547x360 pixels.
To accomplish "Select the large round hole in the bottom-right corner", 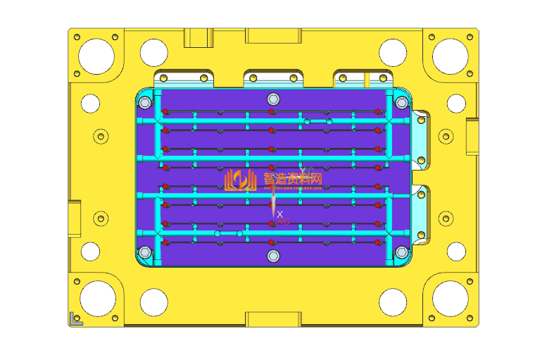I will (450, 299).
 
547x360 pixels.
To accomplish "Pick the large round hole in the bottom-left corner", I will (96, 299).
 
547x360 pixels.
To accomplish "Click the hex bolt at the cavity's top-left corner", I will (145, 103).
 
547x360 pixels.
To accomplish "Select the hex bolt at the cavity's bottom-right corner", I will (401, 252).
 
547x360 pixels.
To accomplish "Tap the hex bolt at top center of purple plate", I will (273, 99).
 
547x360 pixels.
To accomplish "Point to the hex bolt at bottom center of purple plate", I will (273, 256).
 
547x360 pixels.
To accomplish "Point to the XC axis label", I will (283, 222).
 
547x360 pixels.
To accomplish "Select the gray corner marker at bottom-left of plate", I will (75, 319).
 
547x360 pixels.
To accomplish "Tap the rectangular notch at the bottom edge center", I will (273, 320).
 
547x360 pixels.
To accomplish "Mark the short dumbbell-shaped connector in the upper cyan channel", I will (317, 122).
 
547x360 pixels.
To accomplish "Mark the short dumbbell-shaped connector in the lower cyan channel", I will (229, 233).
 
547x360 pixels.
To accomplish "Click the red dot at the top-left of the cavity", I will (165, 112).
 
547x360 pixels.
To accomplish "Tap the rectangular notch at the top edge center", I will (273, 35).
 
